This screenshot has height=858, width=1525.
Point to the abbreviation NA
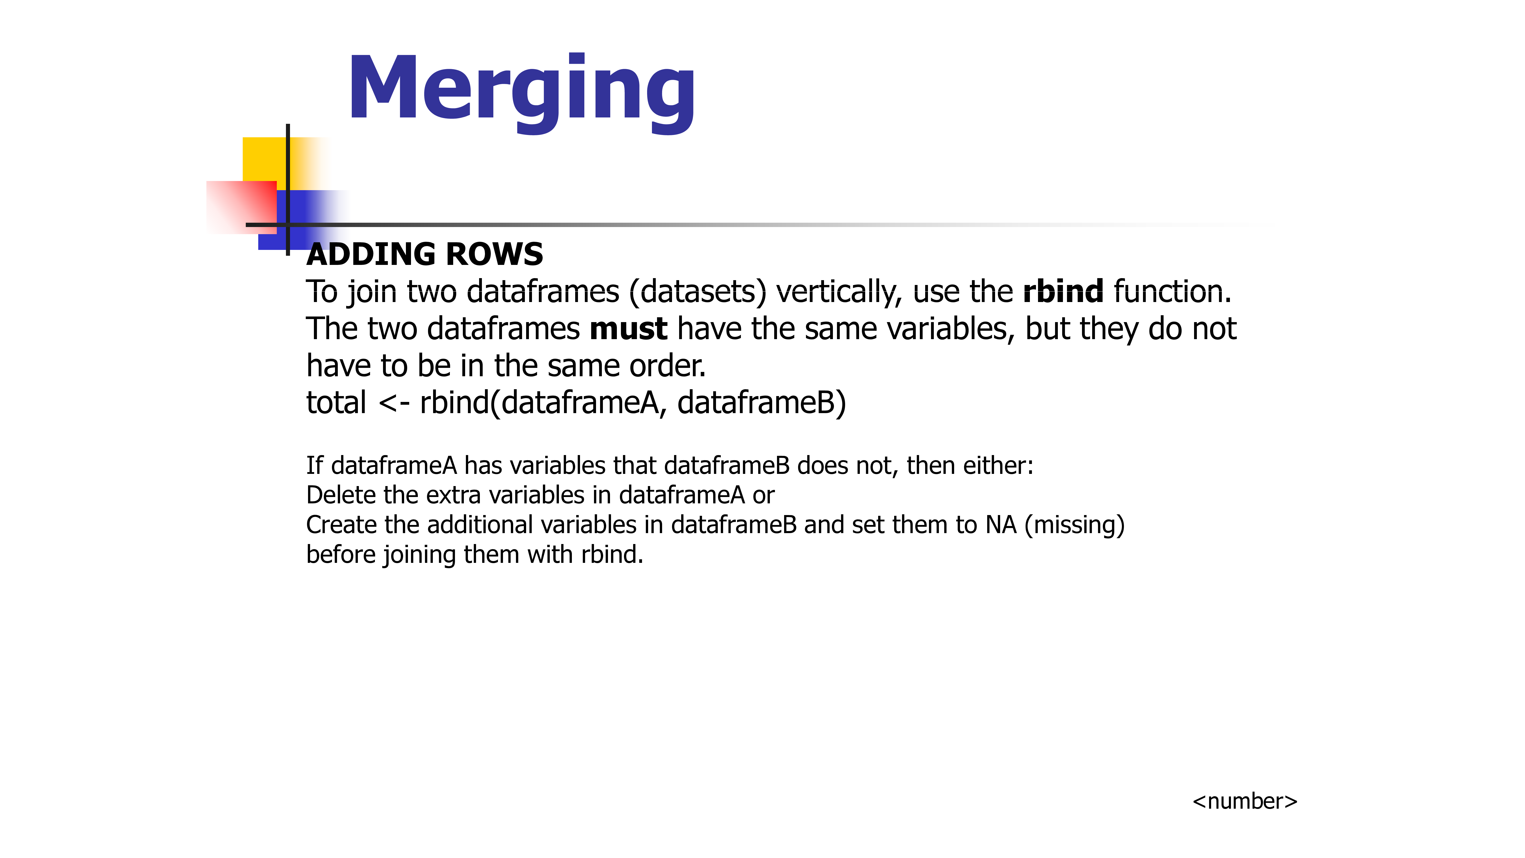point(1001,525)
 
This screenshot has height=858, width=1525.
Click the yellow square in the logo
point(265,159)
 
